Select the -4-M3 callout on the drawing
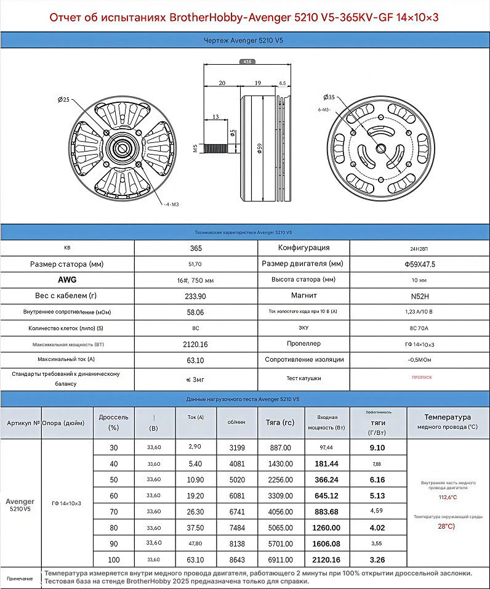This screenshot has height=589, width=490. pos(171,204)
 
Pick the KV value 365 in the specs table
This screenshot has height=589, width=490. pos(196,248)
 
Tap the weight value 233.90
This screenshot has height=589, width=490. pos(195,296)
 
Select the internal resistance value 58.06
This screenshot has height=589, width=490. pos(195,312)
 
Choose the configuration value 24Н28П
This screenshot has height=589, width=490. pos(420,248)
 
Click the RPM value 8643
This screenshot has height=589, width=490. pos(236,559)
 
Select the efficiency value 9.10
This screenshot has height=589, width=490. pos(377,448)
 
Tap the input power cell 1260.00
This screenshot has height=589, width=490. pos(326,528)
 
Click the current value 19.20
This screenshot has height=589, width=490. pos(195,496)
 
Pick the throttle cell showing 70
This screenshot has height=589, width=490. pos(113,512)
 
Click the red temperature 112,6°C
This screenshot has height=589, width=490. pos(448,497)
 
